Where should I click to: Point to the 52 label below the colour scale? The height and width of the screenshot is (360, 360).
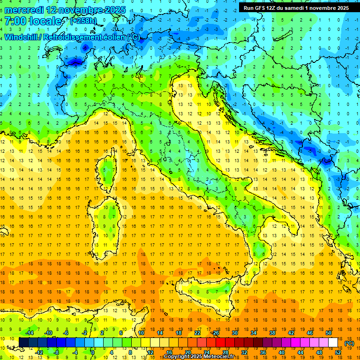pyautogui.click(x=338, y=352)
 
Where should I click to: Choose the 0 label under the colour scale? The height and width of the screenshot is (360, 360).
pyautogui.click(x=94, y=352)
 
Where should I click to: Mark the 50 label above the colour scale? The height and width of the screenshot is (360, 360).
pyautogui.click(x=329, y=333)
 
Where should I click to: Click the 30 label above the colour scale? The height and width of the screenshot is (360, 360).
pyautogui.click(x=234, y=333)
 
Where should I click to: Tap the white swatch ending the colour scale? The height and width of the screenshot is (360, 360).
pyautogui.click(x=333, y=342)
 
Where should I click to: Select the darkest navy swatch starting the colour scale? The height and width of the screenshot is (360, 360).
pyautogui.click(x=23, y=342)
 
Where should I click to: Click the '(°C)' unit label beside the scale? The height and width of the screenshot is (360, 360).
pyautogui.click(x=349, y=343)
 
